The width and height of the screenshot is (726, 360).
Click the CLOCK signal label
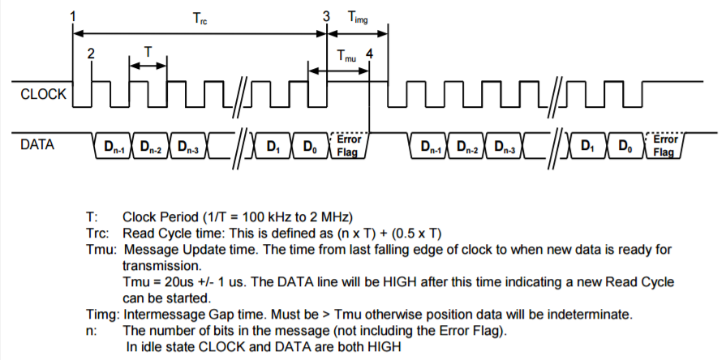point(41,95)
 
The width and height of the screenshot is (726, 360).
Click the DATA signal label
point(36,145)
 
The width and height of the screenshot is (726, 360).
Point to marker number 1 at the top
point(74,16)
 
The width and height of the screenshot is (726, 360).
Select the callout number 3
point(326,16)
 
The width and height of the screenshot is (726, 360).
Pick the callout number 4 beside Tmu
point(370,54)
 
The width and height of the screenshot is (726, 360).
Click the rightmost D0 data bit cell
point(625,147)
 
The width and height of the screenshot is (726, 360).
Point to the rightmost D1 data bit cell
point(588,147)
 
